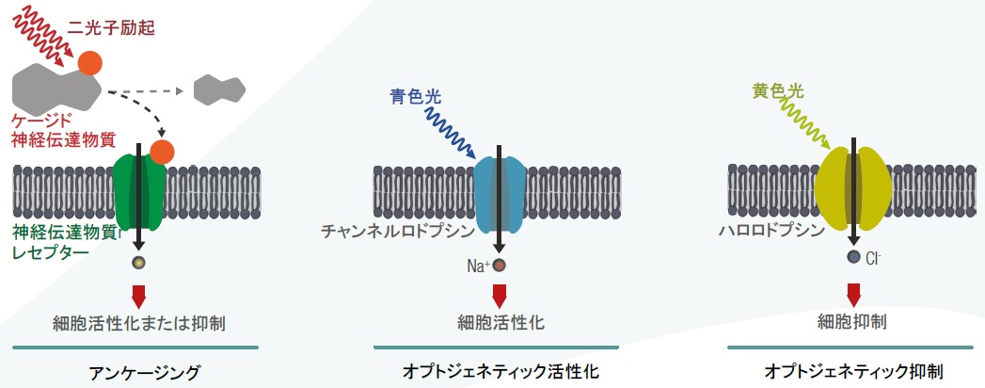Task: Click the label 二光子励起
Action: coord(109,29)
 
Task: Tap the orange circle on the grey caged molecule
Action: coord(90,63)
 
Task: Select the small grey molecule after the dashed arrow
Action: coord(218,89)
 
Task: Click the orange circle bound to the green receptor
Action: coord(162,150)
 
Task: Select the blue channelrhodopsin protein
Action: coord(498,193)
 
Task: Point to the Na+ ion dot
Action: coord(499,266)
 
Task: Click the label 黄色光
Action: coord(778,90)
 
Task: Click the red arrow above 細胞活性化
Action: coord(499,295)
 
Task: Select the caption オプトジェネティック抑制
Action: coord(855,371)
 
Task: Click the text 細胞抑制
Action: coord(854,322)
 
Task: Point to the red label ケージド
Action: coord(43,121)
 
